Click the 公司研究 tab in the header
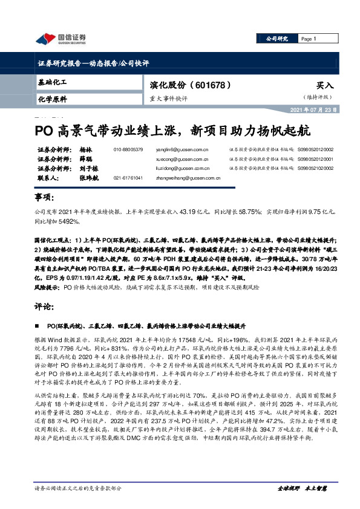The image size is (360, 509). point(276,39)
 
